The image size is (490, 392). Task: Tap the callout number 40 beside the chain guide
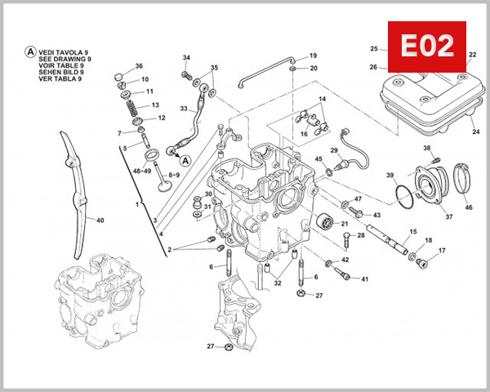(100, 220)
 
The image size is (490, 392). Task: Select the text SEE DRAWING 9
(65, 60)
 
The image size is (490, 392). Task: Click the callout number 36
(139, 66)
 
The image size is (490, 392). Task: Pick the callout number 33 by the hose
(185, 109)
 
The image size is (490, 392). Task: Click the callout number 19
(313, 55)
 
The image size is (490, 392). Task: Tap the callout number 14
(322, 99)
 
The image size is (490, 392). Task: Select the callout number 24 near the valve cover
(475, 132)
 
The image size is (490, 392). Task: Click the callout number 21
(344, 224)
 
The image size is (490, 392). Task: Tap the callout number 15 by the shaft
(412, 232)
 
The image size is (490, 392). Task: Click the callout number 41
(364, 279)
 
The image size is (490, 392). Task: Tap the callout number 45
(318, 159)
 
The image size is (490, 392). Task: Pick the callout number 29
(334, 151)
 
